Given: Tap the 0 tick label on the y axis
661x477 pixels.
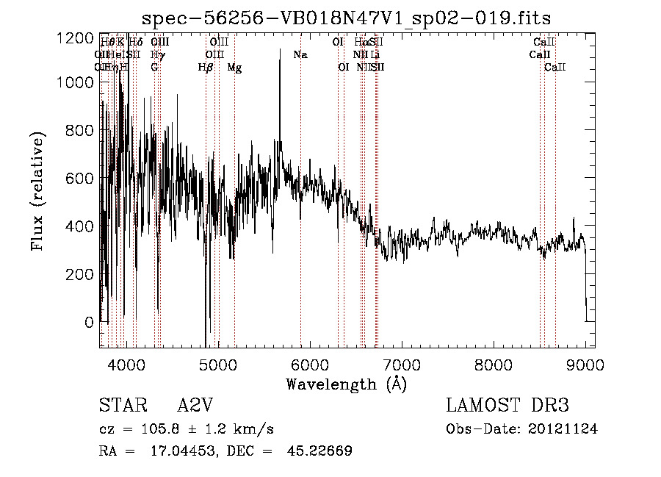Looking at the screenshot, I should (88, 322).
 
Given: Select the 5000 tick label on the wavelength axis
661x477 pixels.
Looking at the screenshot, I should (217, 364).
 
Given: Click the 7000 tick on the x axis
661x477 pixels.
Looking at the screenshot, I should (402, 364).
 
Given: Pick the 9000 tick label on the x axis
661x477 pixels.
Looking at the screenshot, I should (585, 364).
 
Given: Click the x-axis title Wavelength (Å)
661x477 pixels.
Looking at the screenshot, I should (346, 384).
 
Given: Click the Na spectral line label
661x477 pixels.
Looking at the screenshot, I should (300, 55).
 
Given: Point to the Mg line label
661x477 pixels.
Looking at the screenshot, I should (234, 68).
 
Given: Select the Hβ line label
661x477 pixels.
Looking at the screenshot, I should (206, 68).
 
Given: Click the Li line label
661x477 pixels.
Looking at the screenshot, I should (375, 55).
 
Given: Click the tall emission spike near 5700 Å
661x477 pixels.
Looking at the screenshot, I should (280, 59).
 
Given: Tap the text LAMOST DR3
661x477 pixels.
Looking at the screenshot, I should (508, 406).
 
